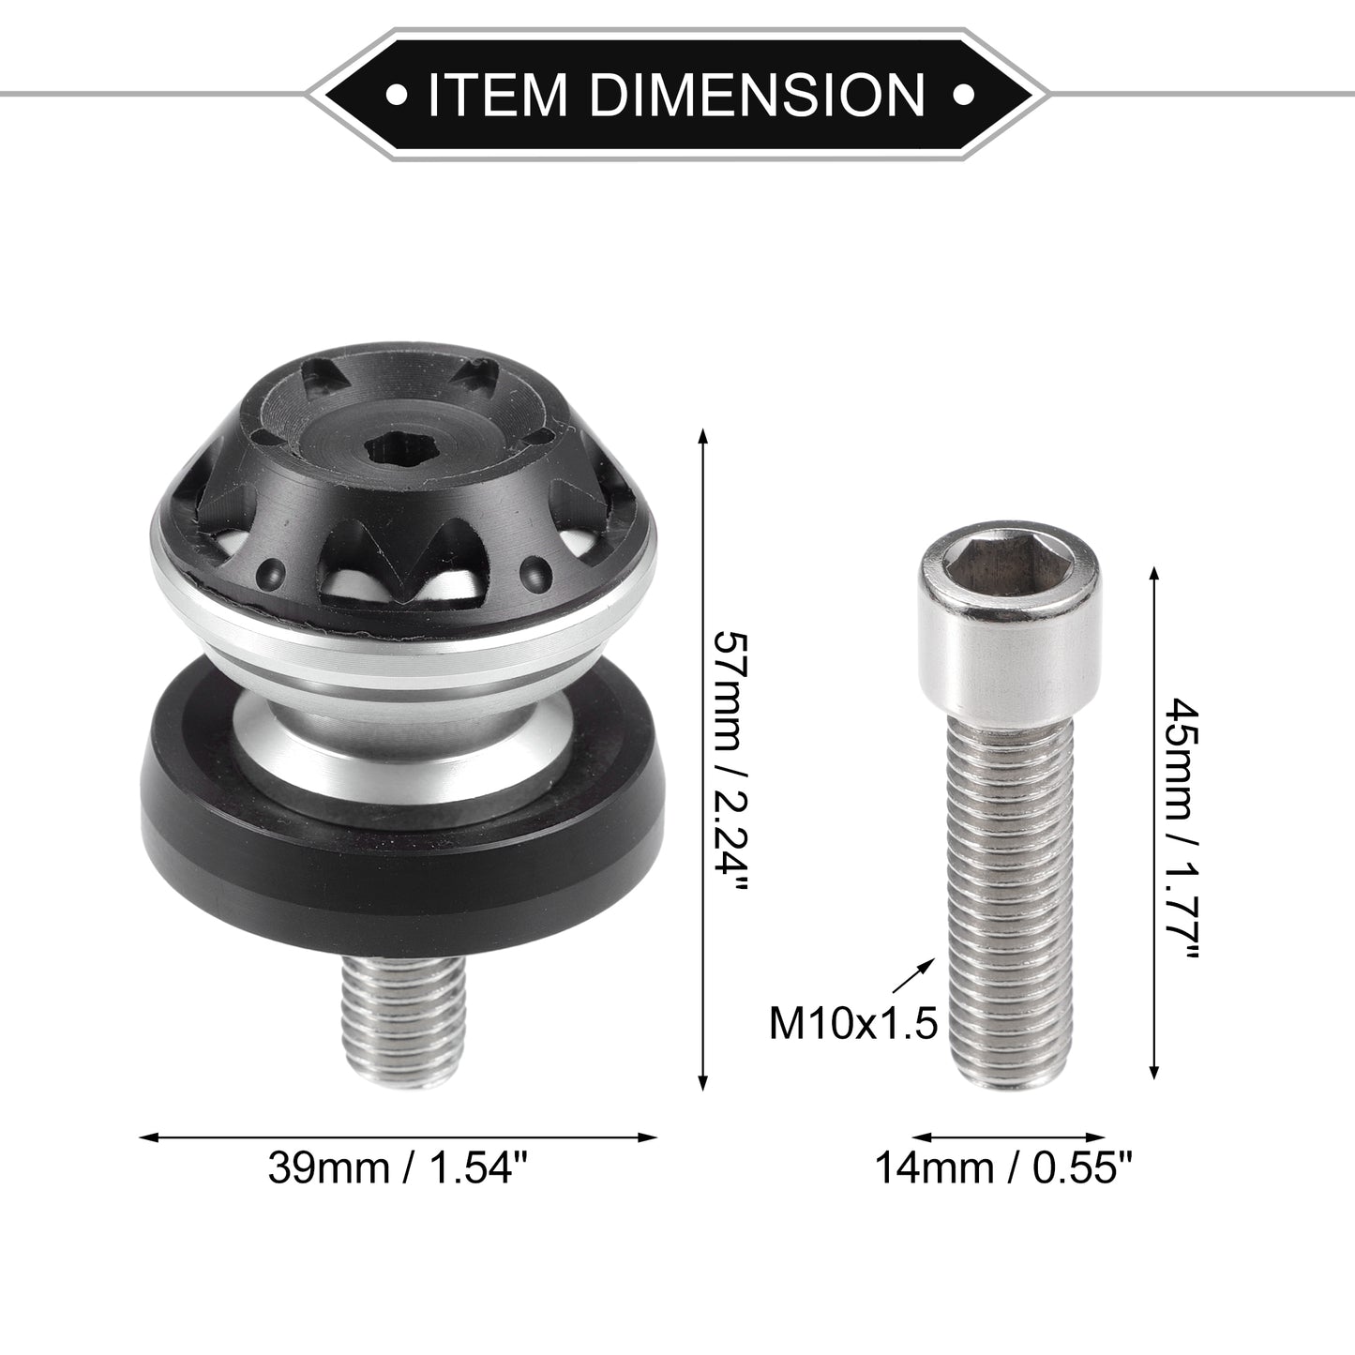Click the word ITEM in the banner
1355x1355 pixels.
click(x=496, y=94)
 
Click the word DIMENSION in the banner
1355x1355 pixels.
click(x=758, y=94)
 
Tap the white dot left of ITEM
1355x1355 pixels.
click(x=397, y=94)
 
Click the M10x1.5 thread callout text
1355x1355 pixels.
click(x=853, y=1024)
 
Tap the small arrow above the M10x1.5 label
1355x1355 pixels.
click(x=917, y=975)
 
